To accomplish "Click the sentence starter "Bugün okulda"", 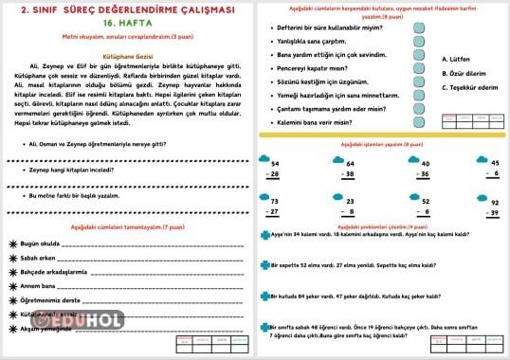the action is (41, 243).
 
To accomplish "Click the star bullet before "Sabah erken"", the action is (12, 257).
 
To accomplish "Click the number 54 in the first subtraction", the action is (275, 163).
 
